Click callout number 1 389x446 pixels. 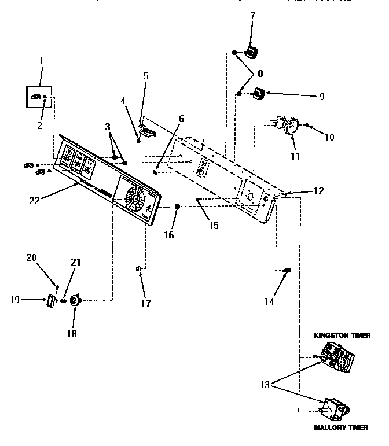click(x=41, y=60)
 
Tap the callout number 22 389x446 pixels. click(x=34, y=200)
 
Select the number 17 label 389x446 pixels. click(x=146, y=303)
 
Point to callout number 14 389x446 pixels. click(x=269, y=301)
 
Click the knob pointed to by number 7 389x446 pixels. click(x=251, y=53)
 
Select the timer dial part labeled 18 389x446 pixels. click(x=74, y=300)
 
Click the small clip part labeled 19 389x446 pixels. click(x=50, y=301)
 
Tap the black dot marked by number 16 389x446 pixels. click(x=178, y=207)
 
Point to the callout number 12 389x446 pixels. click(x=318, y=191)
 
